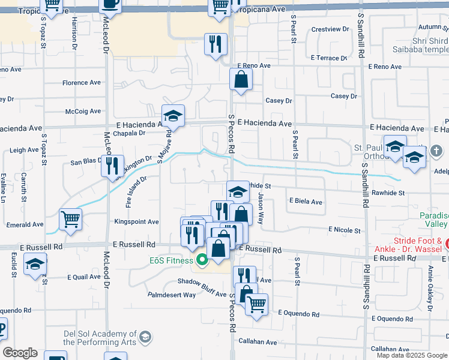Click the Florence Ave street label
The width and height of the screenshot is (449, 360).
coord(84,83)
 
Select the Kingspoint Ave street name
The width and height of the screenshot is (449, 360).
coord(136,222)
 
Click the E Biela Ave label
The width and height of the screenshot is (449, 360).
coord(306,202)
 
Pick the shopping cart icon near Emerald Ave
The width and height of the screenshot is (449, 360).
coord(71,219)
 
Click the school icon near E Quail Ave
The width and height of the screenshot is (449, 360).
coord(35,263)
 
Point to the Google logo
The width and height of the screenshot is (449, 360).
coord(20,353)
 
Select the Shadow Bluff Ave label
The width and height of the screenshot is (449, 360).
coord(201,284)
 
